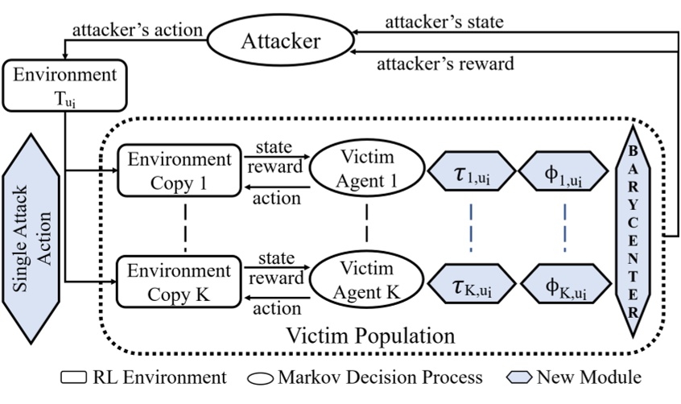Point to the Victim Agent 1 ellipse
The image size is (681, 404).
367,170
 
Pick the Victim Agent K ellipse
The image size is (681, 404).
367,281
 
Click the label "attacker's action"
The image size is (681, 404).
138,30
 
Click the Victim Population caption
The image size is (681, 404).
372,332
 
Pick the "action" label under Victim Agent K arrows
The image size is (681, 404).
277,308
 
